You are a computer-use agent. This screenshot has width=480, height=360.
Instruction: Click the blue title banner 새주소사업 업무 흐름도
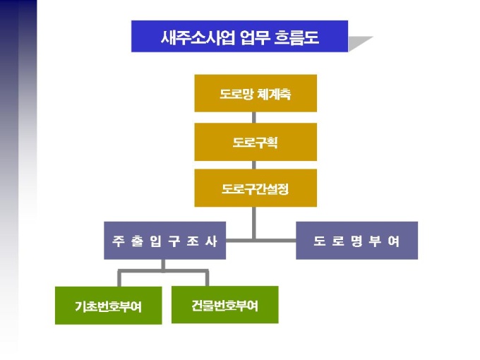pyautogui.click(x=239, y=36)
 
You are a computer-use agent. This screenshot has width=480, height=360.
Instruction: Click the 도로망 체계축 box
pyautogui.click(x=256, y=93)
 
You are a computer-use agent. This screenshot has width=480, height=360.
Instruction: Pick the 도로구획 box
pyautogui.click(x=256, y=142)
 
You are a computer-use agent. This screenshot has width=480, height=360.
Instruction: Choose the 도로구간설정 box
pyautogui.click(x=256, y=188)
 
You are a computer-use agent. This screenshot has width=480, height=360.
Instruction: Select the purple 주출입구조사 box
pyautogui.click(x=164, y=241)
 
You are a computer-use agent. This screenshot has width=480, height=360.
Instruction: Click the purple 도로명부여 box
pyautogui.click(x=356, y=241)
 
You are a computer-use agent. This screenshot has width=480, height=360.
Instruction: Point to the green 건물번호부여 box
pyautogui.click(x=224, y=305)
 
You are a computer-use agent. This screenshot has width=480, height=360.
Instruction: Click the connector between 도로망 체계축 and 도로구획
pyautogui.click(x=256, y=117)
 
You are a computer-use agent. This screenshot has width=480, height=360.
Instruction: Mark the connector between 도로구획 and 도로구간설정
pyautogui.click(x=256, y=165)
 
